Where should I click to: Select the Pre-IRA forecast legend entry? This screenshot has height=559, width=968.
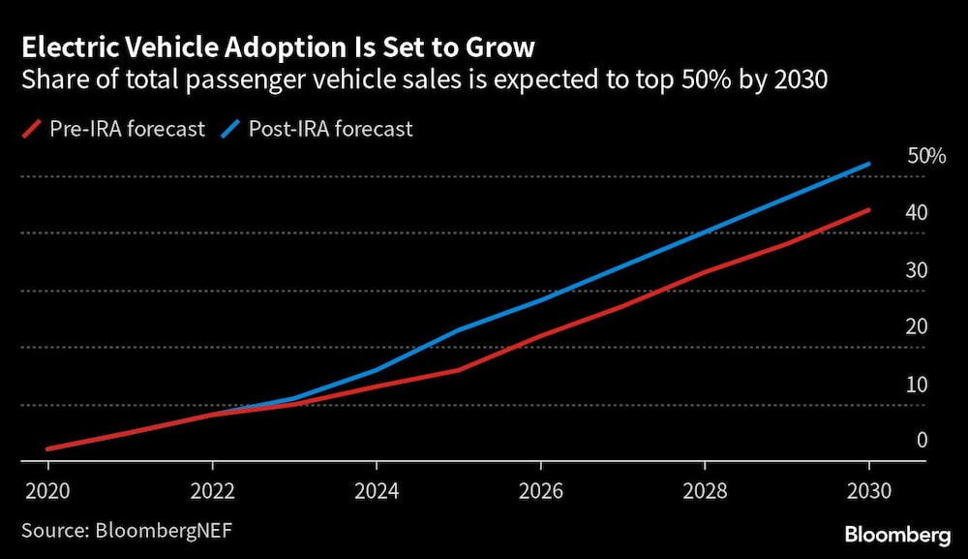pos(114,129)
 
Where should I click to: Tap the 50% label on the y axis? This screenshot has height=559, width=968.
pos(926,156)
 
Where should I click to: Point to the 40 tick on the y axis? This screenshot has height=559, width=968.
pos(917,213)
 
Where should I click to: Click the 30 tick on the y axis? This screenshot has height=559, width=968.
pos(917,270)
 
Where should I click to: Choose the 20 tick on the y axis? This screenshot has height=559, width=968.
pos(917,327)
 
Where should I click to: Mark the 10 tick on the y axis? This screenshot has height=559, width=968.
pos(917,385)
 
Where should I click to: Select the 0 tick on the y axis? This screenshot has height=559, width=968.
pos(923,441)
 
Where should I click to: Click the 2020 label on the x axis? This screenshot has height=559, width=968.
pos(48,488)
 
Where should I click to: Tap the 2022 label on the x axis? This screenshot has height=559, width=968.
pos(212,488)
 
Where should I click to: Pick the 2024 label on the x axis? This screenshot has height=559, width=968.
pos(377,488)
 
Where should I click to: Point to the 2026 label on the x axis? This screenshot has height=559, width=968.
pos(541,488)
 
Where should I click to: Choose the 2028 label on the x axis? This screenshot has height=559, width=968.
pos(705,488)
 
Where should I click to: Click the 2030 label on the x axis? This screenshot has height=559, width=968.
pos(869,488)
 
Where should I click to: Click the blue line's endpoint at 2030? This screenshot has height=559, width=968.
pos(869,164)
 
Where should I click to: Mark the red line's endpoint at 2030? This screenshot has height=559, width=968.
pos(869,209)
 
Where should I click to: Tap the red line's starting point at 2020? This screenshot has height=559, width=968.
pos(48,450)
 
